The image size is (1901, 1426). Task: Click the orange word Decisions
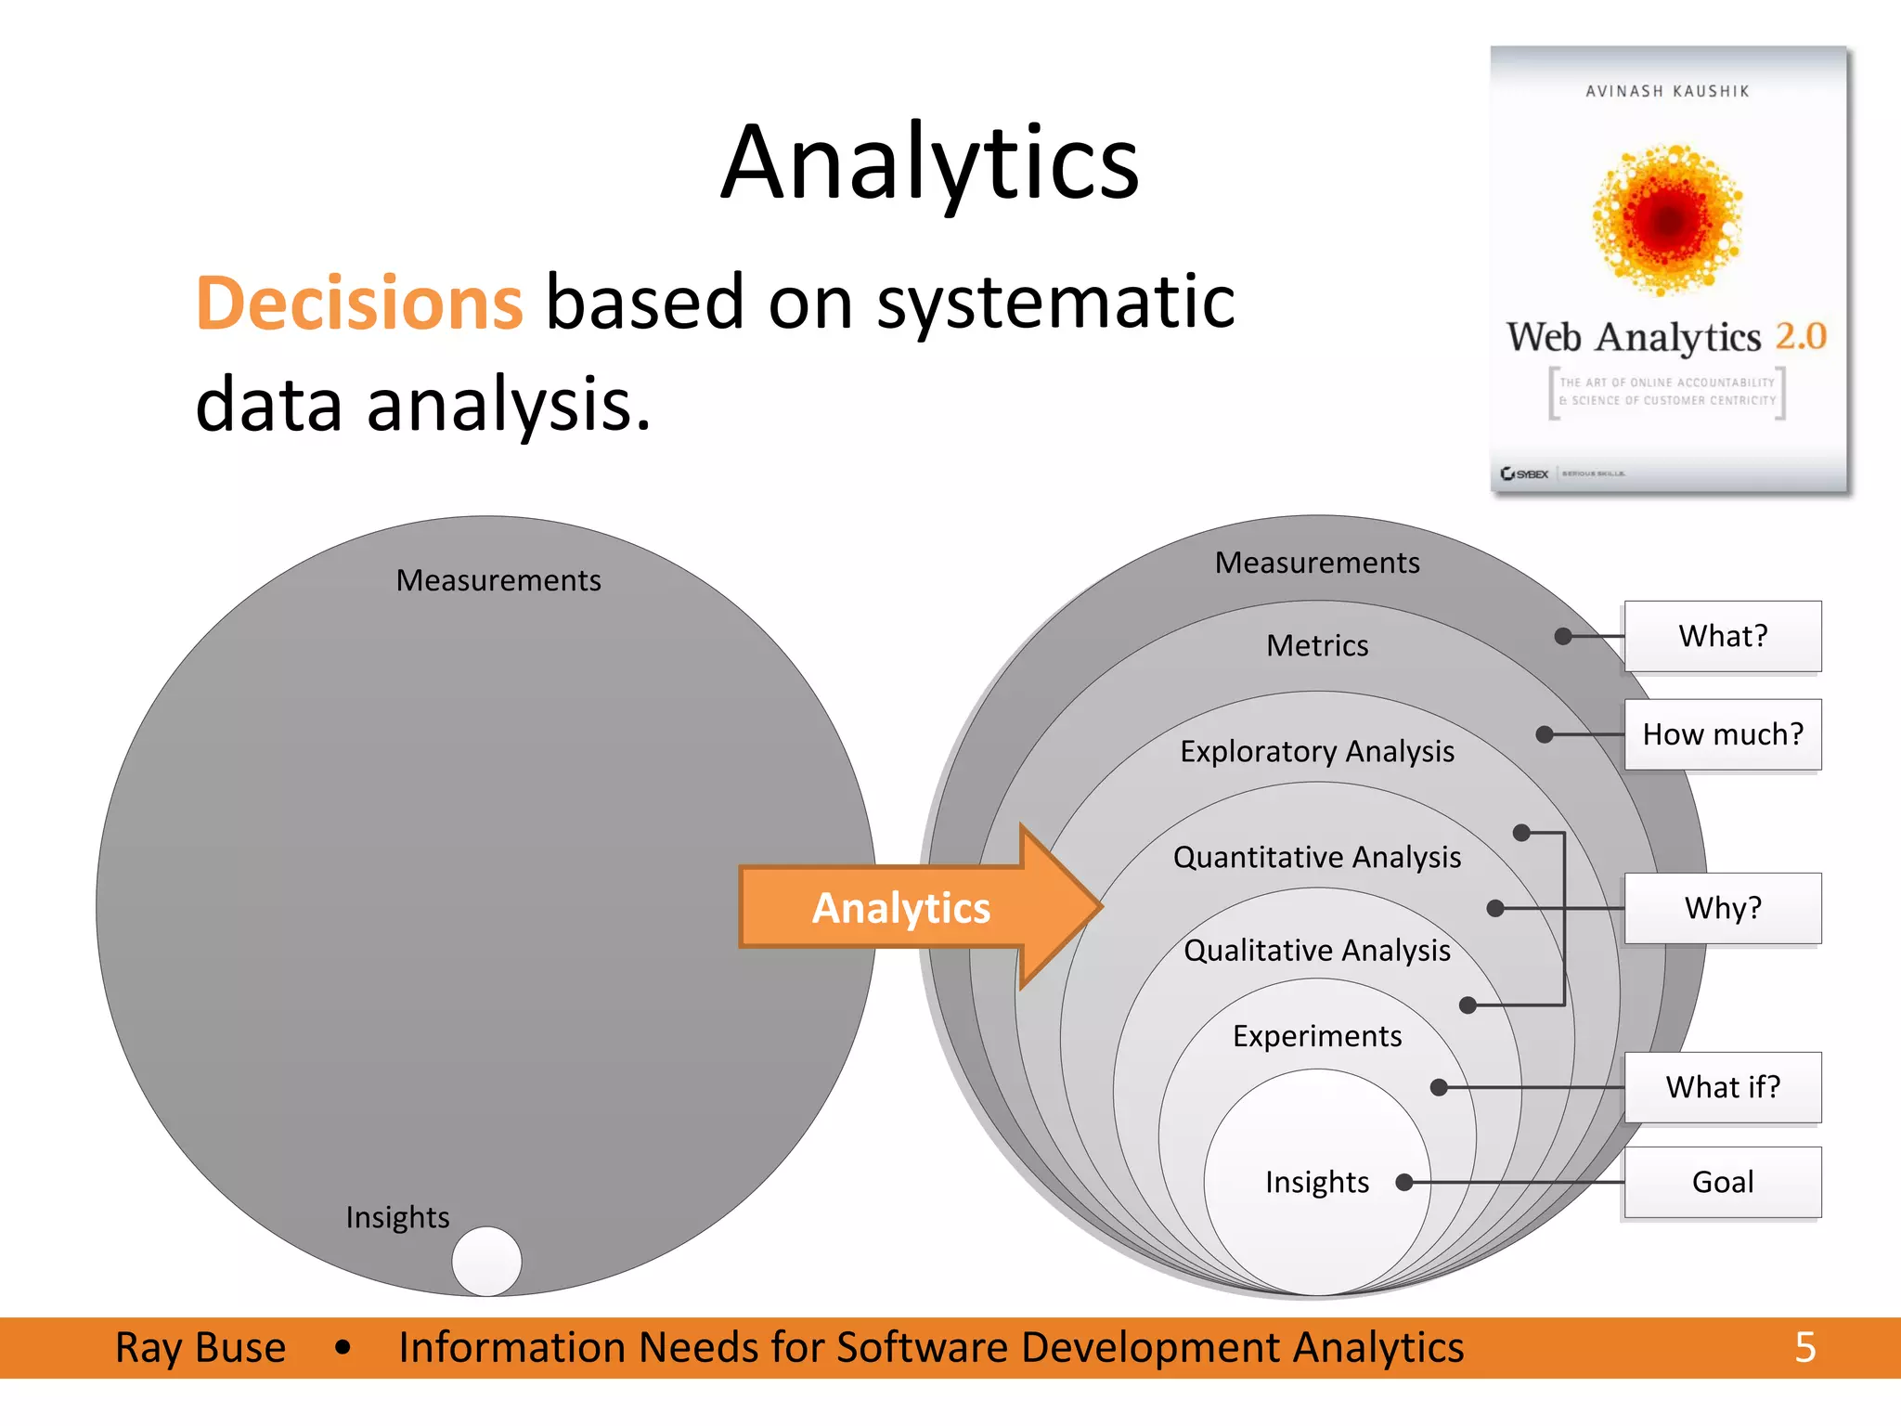359,304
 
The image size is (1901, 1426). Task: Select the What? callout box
1722,636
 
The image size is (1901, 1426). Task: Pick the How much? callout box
1722,734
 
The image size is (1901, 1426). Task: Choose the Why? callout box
1722,908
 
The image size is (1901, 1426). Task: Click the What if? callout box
1722,1087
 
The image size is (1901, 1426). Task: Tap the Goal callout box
1722,1182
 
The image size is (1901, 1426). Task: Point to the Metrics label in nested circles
1316,645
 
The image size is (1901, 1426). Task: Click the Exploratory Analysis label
1316,751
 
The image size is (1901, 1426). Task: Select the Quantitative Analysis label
1316,857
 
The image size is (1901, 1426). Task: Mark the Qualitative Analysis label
1316,951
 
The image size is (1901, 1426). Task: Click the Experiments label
1316,1036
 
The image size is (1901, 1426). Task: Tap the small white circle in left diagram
486,1261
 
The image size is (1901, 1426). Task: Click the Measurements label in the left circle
498,580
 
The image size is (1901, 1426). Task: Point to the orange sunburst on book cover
1668,220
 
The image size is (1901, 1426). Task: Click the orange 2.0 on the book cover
1801,336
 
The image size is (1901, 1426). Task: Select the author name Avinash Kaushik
1667,91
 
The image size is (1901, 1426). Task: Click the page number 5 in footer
1804,1347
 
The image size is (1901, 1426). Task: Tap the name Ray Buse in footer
200,1347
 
